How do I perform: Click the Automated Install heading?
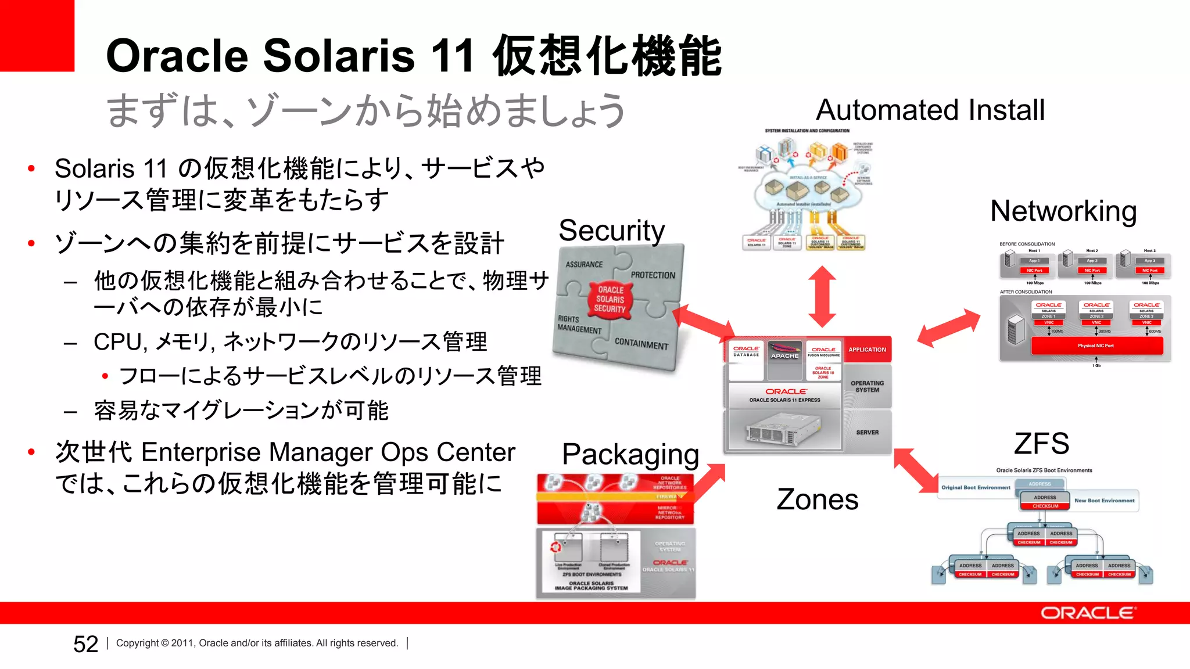[x=930, y=110]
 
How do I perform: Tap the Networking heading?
[x=1063, y=211]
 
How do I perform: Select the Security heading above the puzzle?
[x=611, y=231]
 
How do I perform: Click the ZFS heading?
[x=1041, y=444]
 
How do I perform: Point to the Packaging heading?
[x=630, y=454]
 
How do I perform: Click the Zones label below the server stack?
[x=817, y=499]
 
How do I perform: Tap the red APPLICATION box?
[x=867, y=350]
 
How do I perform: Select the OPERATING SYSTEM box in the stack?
[x=867, y=387]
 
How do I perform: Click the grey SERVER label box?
[x=867, y=433]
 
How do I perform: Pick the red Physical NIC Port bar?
[x=1096, y=346]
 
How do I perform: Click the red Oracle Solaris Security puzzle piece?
[x=610, y=299]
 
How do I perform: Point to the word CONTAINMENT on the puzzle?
[x=641, y=344]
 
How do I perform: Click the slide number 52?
[x=85, y=644]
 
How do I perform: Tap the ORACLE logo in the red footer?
[x=1088, y=613]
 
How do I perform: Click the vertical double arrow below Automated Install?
[x=822, y=296]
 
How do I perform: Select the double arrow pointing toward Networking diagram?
[x=948, y=328]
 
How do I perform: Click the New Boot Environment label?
[x=1104, y=501]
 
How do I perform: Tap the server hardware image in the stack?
[x=783, y=430]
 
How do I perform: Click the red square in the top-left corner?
[x=37, y=35]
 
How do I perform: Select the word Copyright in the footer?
[x=137, y=643]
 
